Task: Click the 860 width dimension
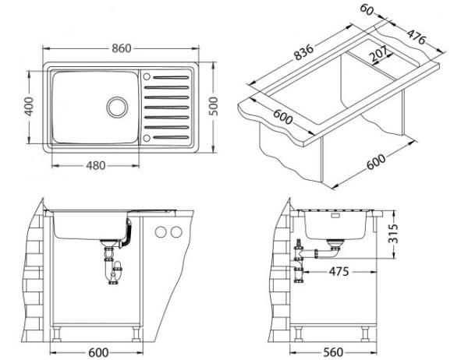(120, 48)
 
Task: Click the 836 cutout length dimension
(303, 52)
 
